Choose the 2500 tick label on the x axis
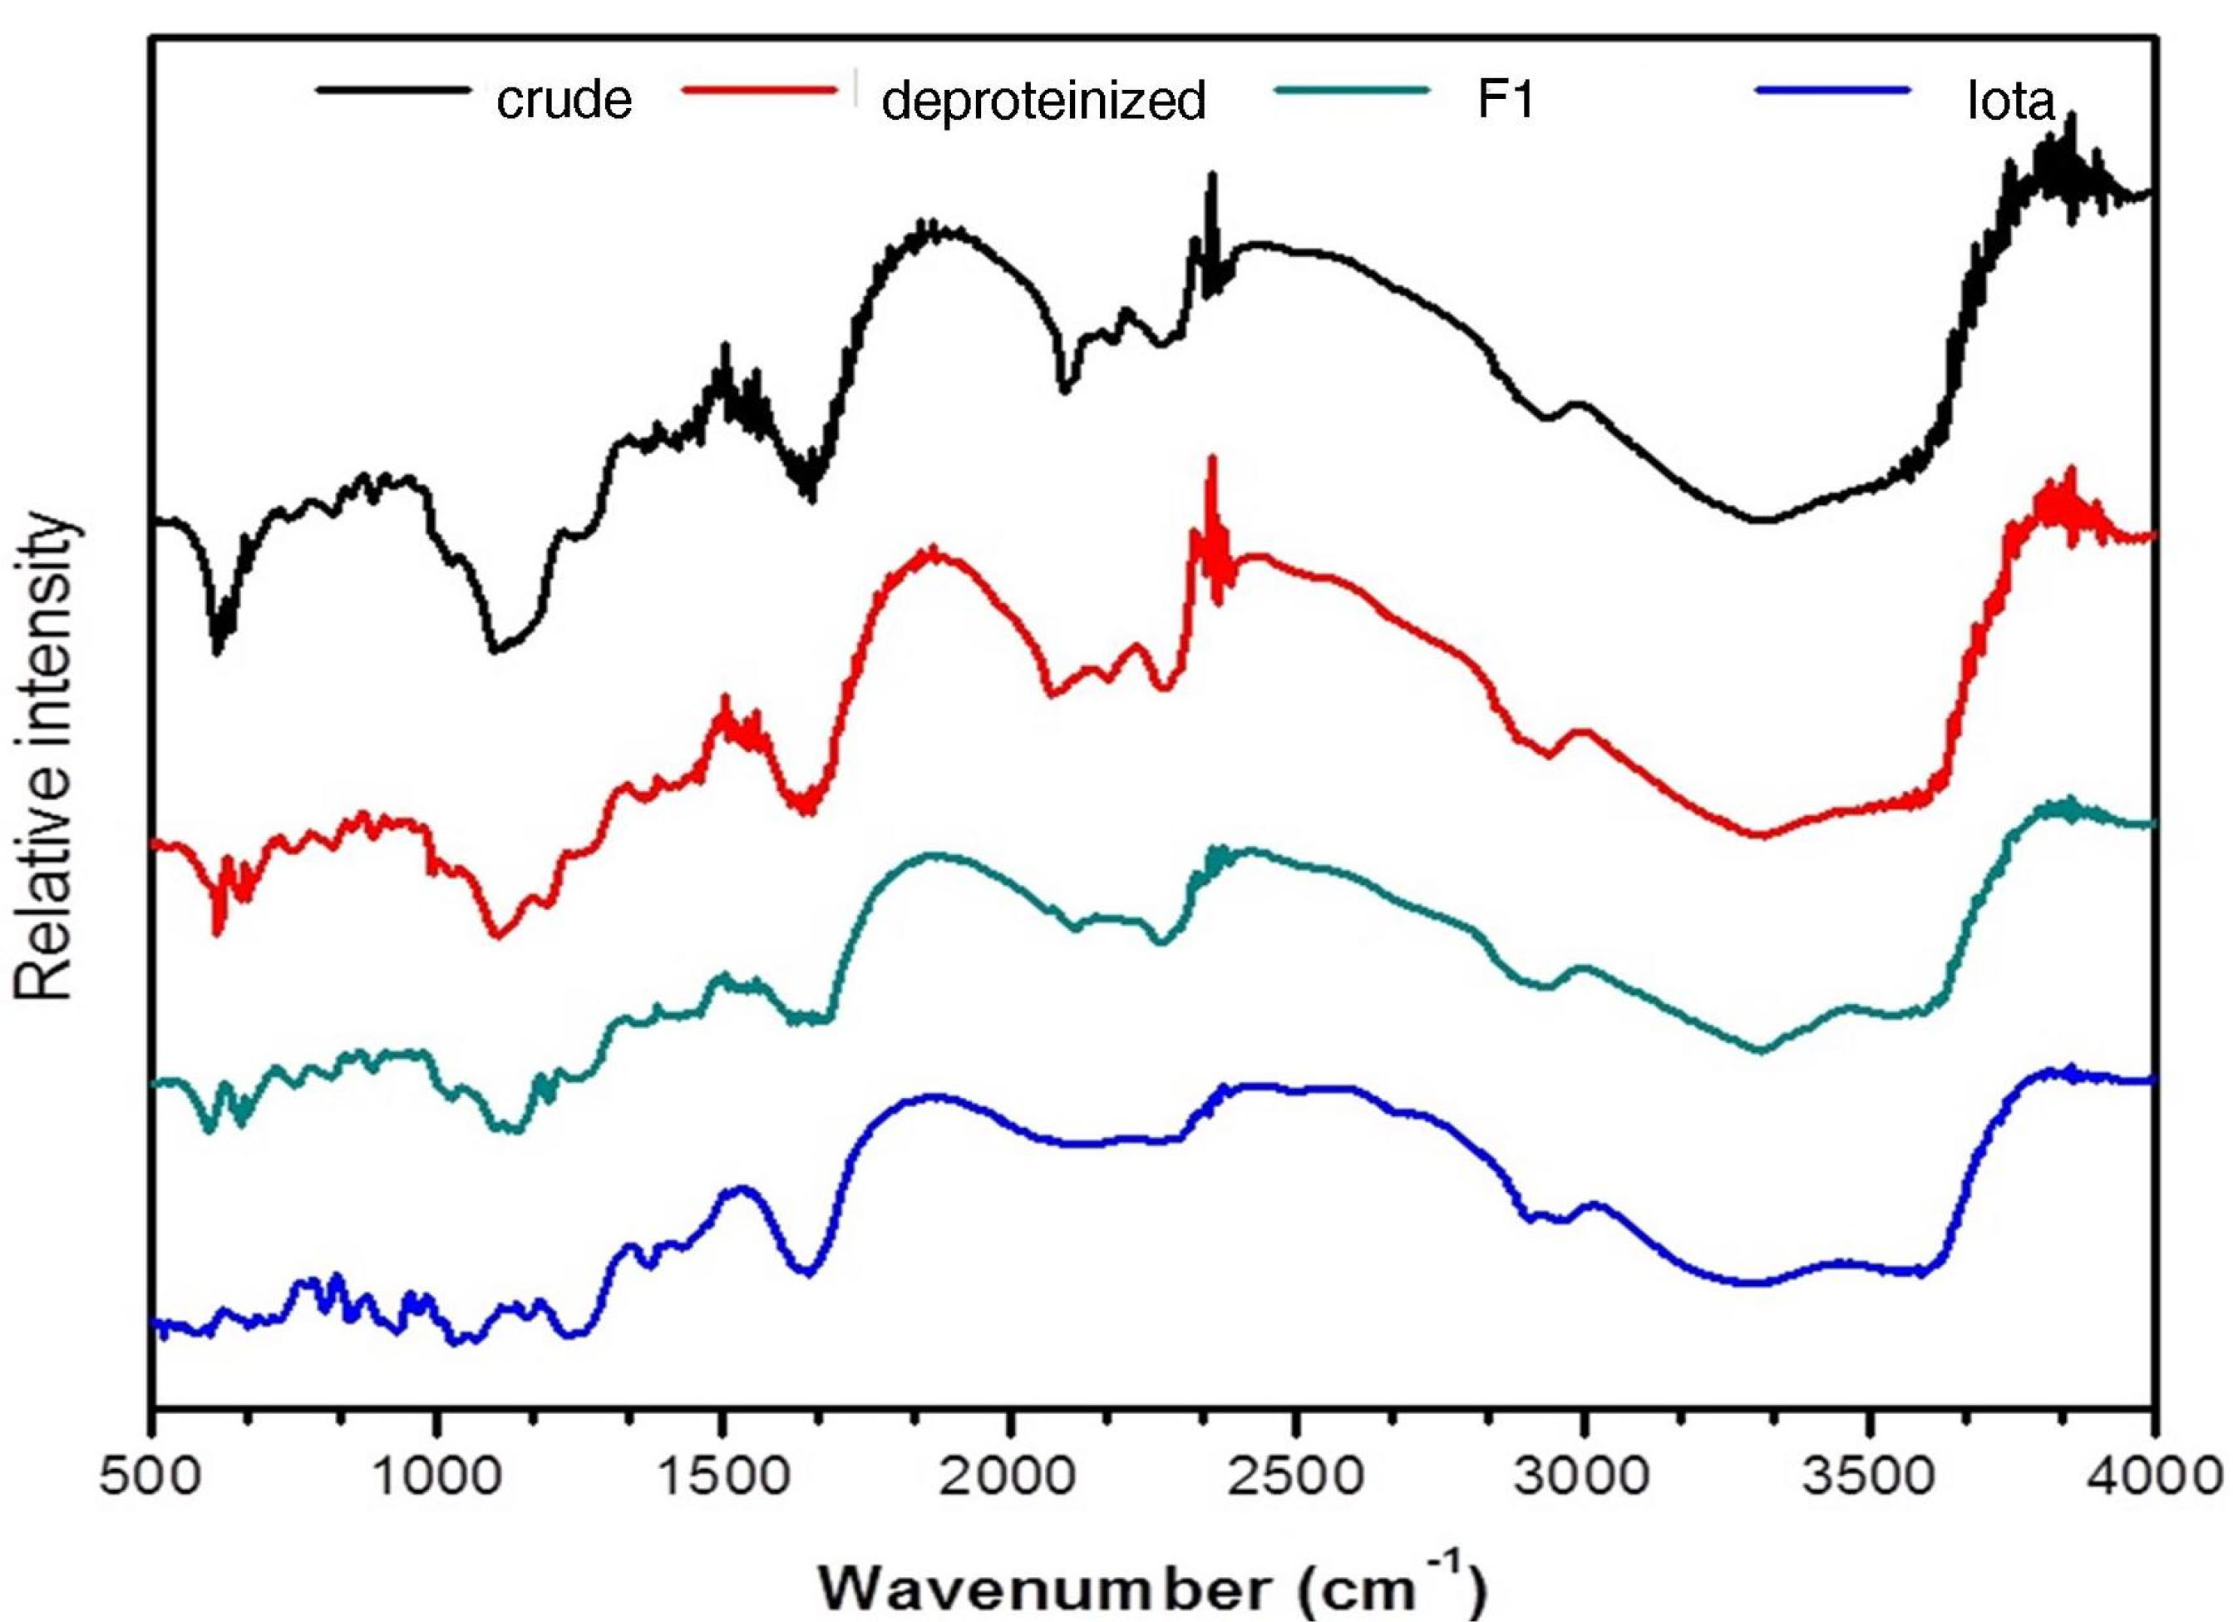1297,1476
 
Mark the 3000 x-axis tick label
1582,1476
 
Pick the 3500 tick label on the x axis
1869,1476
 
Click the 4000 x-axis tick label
2152,1476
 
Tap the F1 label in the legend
1506,97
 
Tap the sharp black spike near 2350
1212,177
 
